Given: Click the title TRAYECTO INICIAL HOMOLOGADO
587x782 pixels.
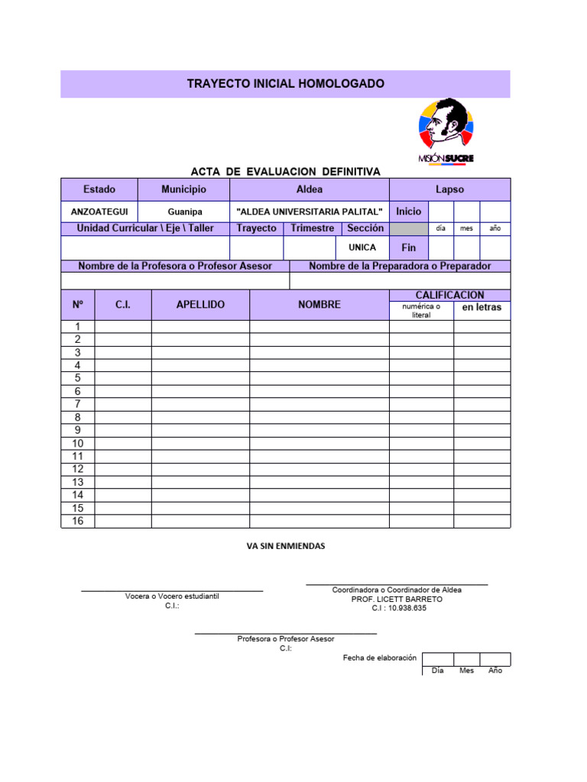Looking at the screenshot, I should pyautogui.click(x=285, y=83).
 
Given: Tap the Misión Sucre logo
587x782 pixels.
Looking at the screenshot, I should pyautogui.click(x=446, y=131).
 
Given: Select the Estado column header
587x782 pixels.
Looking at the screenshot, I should pyautogui.click(x=99, y=189).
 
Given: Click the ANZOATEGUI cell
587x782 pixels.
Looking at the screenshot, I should pyautogui.click(x=99, y=212).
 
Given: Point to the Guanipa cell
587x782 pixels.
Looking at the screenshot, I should pyautogui.click(x=184, y=212).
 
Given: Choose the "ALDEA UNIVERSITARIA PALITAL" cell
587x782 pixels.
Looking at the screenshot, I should pyautogui.click(x=310, y=212).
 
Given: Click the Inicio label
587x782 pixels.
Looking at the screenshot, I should pyautogui.click(x=409, y=212).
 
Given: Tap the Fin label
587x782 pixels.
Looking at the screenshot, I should pyautogui.click(x=409, y=248).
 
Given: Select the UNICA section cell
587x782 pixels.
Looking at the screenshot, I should pyautogui.click(x=362, y=248).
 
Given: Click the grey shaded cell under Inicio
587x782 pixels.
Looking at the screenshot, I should pyautogui.click(x=409, y=228).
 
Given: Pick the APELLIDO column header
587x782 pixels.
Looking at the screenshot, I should pyautogui.click(x=200, y=305).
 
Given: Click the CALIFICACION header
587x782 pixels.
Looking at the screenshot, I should pyautogui.click(x=449, y=295).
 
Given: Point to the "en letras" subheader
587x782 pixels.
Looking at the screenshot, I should pyautogui.click(x=482, y=308).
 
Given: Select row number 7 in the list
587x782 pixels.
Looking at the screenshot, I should pyautogui.click(x=78, y=404).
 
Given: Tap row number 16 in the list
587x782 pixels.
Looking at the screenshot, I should pyautogui.click(x=78, y=522).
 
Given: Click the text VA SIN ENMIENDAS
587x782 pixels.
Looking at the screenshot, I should pyautogui.click(x=285, y=546).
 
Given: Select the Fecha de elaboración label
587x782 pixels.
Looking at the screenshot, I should pyautogui.click(x=379, y=658).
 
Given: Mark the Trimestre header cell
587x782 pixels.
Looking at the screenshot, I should pyautogui.click(x=312, y=228).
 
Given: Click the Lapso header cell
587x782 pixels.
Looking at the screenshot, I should pyautogui.click(x=449, y=189).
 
